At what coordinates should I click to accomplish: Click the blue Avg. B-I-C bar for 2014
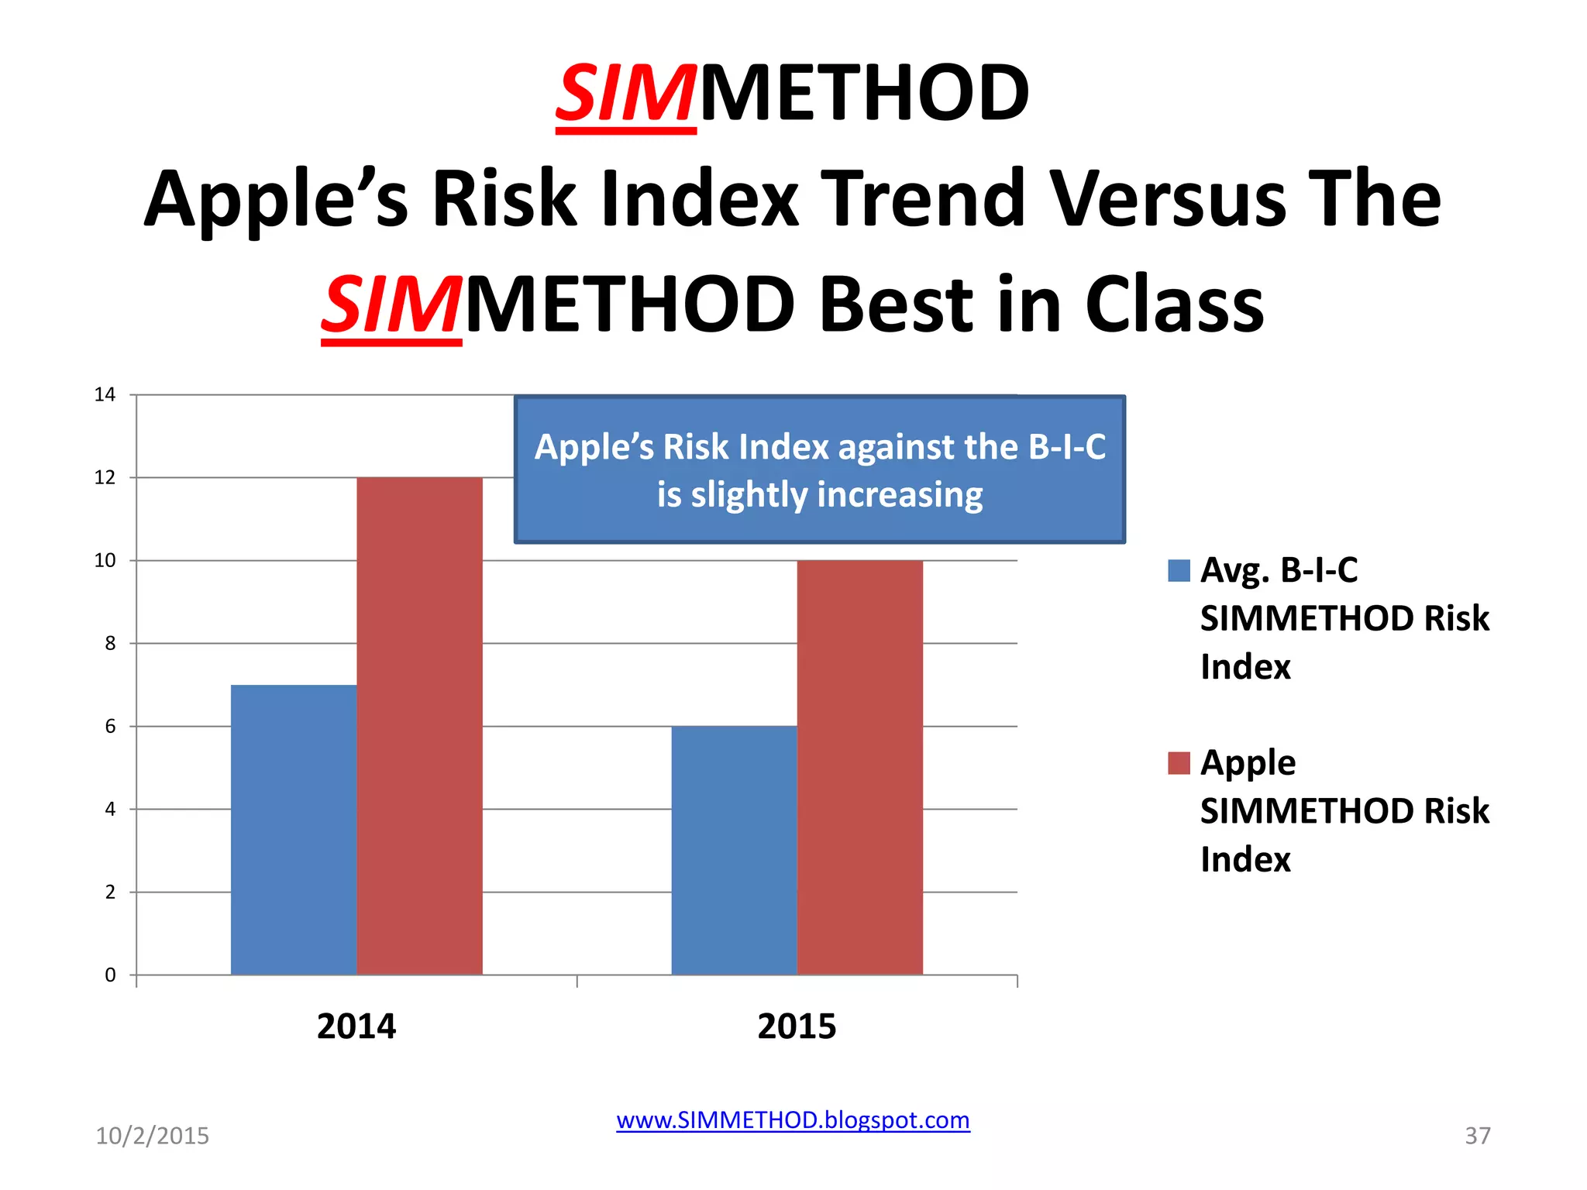pos(294,829)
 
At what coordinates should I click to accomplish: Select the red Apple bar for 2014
pos(419,726)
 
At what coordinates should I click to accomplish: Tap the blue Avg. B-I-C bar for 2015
pos(734,850)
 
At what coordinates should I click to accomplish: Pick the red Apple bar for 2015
pos(859,767)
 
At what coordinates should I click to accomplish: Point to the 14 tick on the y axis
pos(105,395)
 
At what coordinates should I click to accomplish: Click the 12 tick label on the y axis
pos(105,478)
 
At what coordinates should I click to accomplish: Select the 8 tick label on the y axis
pos(110,644)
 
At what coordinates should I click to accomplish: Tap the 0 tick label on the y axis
pos(110,975)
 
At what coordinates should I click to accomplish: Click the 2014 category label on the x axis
pos(356,1027)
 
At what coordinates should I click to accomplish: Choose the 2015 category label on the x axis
pos(797,1027)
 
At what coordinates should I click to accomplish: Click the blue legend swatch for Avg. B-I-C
pos(1179,571)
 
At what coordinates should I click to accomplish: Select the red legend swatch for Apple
pos(1179,763)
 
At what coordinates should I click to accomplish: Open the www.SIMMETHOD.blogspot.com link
pos(793,1120)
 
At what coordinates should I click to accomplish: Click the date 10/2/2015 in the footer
pos(152,1136)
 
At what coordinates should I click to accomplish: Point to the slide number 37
pos(1477,1136)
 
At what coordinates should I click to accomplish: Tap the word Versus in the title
pos(1168,199)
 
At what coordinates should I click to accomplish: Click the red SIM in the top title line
pos(625,95)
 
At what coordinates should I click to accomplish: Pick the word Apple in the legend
pos(1248,763)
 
